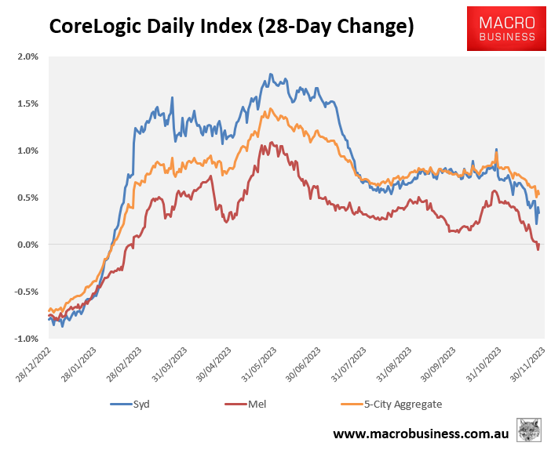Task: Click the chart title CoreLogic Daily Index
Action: (x=232, y=26)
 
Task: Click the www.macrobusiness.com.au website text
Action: (x=421, y=434)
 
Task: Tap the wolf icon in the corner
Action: (x=530, y=430)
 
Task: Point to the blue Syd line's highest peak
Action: (x=271, y=74)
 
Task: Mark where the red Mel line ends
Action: (x=539, y=245)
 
